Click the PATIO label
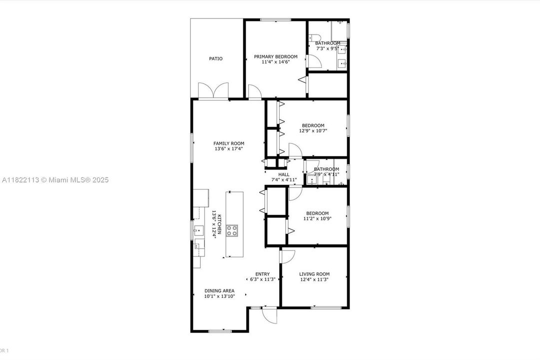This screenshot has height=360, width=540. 216,58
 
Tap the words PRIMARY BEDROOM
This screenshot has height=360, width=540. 275,56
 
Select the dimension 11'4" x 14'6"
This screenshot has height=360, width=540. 275,62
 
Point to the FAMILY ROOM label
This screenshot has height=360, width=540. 229,143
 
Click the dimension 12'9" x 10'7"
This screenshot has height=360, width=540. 313,131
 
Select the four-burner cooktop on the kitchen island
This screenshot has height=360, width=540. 232,230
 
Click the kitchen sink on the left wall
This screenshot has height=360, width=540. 198,230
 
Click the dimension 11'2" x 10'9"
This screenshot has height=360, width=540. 318,218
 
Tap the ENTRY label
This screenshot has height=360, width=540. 263,274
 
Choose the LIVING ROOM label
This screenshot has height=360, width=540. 314,274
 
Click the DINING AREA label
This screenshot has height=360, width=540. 219,290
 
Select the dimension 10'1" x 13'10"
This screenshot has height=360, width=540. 219,296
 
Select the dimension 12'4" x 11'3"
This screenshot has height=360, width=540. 314,279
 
